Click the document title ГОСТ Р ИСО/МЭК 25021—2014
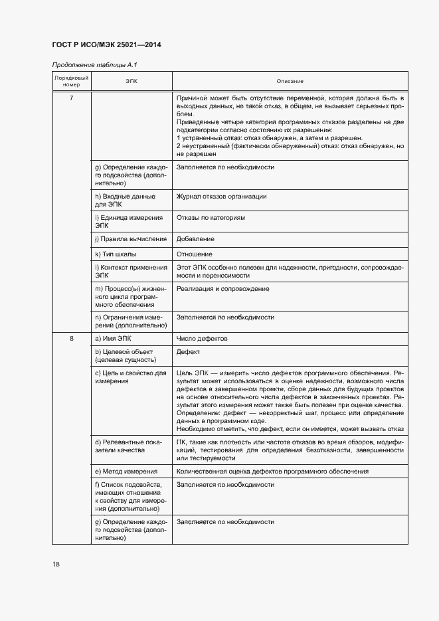106,44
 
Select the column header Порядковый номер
71,82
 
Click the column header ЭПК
132,82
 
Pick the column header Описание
290,82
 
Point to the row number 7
71,98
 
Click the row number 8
71,339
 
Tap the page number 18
56,564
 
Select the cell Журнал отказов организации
221,197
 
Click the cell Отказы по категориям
211,218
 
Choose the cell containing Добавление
195,238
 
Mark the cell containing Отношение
195,254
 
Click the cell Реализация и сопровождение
222,289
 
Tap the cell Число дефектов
202,339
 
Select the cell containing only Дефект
188,351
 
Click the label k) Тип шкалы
116,254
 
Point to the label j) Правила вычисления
129,238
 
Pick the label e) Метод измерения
126,471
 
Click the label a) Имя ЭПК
114,339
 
